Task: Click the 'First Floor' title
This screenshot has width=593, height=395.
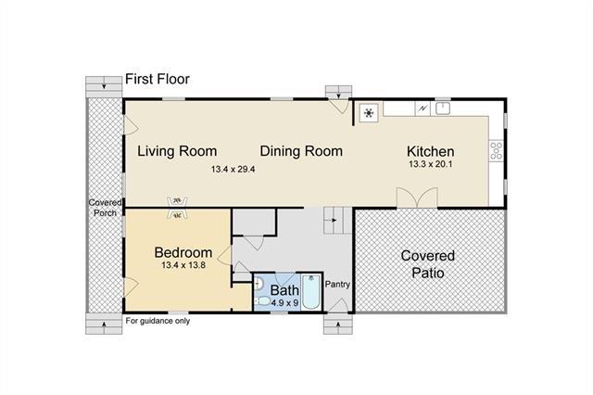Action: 158,79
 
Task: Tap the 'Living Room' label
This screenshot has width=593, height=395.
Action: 177,151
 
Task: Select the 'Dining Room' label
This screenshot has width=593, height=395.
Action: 301,151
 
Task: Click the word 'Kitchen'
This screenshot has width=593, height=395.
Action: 430,151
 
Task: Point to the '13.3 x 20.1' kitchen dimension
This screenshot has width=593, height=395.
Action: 430,164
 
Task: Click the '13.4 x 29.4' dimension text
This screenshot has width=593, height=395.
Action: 233,169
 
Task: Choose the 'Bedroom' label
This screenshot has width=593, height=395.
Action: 183,252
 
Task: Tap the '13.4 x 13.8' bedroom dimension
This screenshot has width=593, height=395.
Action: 183,265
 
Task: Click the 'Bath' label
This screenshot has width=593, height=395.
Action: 284,290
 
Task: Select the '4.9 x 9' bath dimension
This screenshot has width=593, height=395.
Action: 284,303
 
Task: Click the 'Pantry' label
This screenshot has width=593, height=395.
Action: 337,284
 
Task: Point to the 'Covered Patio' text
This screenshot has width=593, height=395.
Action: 428,264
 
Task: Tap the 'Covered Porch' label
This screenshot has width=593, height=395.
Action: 105,208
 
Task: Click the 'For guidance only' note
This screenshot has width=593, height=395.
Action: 158,321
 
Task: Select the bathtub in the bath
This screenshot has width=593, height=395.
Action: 311,292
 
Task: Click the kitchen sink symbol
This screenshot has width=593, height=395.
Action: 443,108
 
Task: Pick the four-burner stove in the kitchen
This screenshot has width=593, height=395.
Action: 497,151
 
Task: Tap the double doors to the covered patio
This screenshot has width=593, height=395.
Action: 417,197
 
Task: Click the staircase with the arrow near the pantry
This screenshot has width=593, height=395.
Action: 338,220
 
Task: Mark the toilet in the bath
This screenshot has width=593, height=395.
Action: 262,301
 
